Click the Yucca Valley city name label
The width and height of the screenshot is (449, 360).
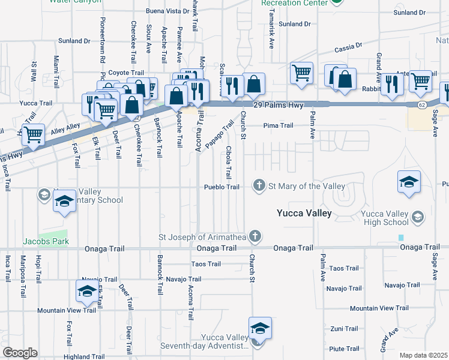pyautogui.click(x=304, y=213)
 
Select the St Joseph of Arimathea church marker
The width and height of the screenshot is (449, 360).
pyautogui.click(x=255, y=236)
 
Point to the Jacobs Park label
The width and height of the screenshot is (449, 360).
pyautogui.click(x=46, y=241)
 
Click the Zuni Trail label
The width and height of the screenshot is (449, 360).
pyautogui.click(x=344, y=329)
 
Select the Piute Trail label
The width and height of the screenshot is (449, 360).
pyautogui.click(x=344, y=349)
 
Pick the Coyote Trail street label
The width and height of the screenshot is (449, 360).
pyautogui.click(x=126, y=73)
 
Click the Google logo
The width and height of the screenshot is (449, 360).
pyautogui.click(x=20, y=352)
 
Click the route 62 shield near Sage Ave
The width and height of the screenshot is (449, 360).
pyautogui.click(x=423, y=105)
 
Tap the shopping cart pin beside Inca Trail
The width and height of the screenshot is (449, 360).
pyautogui.click(x=34, y=136)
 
